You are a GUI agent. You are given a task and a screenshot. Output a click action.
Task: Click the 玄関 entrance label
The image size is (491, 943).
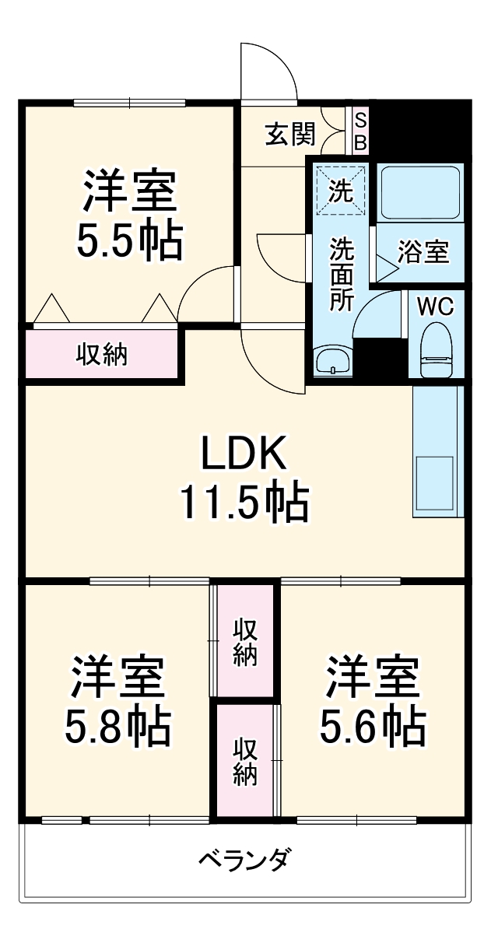click(x=290, y=135)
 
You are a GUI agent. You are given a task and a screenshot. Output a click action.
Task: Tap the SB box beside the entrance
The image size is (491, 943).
click(x=360, y=131)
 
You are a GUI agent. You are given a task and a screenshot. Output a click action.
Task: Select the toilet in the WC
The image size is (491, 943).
click(x=437, y=352)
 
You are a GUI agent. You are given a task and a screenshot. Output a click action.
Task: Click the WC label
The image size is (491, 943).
click(x=436, y=306)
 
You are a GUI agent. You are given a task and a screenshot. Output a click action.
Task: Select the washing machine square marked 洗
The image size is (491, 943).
click(x=340, y=189)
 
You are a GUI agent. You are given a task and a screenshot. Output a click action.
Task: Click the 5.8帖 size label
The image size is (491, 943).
click(x=117, y=725)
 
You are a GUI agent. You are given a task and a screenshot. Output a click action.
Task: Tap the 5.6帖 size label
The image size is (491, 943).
click(x=373, y=725)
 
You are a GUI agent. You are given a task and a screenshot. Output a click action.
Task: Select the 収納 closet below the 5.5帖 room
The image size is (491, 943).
click(x=102, y=355)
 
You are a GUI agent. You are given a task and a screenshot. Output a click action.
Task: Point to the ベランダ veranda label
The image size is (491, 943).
click(x=245, y=861)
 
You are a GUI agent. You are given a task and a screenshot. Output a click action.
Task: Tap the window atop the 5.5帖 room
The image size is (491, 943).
click(x=129, y=102)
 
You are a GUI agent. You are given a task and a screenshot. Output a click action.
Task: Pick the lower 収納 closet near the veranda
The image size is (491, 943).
click(x=245, y=761)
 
